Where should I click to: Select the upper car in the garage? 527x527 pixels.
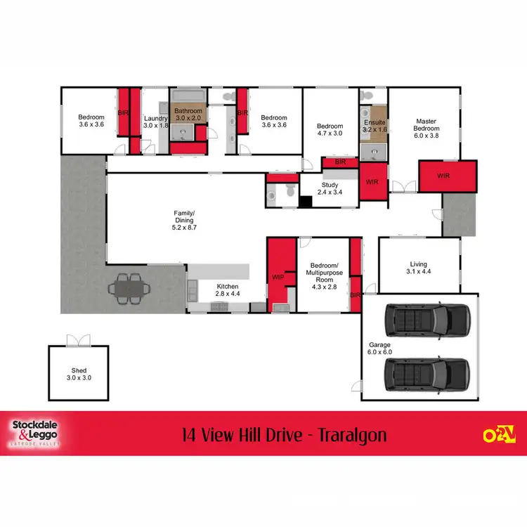click(x=427, y=320)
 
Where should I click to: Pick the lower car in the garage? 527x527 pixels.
click(x=427, y=372)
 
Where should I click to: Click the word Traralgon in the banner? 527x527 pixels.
click(x=346, y=435)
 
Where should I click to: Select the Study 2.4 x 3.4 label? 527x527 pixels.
click(x=328, y=188)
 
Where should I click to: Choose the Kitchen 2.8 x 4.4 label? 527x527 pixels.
click(x=227, y=290)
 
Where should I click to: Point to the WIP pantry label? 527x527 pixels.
click(x=278, y=278)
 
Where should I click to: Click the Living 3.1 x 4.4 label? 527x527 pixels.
click(x=419, y=268)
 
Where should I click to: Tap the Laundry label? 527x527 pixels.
click(x=155, y=122)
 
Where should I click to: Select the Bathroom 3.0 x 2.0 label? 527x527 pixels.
click(x=188, y=115)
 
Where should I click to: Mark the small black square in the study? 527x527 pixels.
click(x=306, y=202)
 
